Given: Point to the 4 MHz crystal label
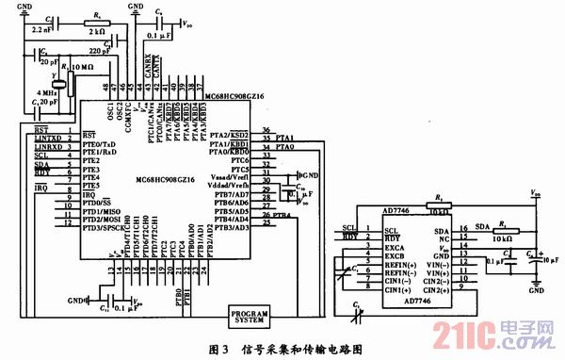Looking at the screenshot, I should coord(46,93).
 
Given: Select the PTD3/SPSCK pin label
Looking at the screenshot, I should coord(105,227).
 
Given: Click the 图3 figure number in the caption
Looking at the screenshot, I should coord(217,348).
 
